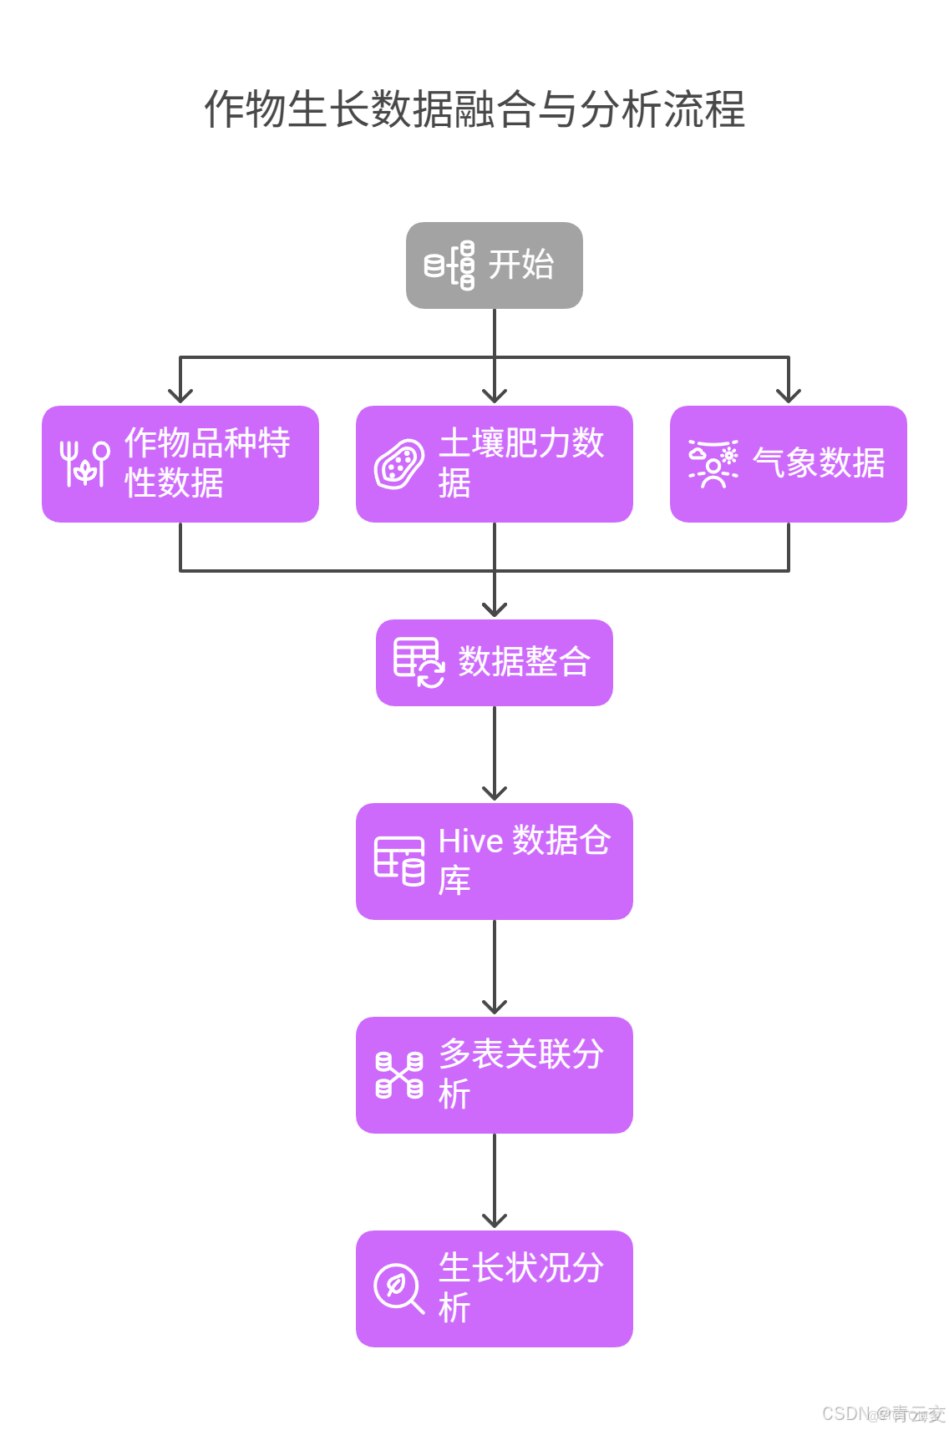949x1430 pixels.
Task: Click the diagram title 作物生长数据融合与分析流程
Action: click(474, 109)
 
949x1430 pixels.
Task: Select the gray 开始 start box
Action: click(494, 265)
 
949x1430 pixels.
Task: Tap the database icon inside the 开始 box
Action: click(449, 265)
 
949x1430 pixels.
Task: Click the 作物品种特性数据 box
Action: click(180, 464)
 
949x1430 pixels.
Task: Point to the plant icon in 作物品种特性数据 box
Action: click(84, 464)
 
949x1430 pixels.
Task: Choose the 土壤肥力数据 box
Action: click(494, 464)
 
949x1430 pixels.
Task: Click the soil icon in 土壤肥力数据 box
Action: click(399, 464)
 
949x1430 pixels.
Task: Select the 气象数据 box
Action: click(788, 464)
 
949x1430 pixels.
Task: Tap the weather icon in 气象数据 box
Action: click(713, 464)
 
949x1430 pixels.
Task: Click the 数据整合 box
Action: click(494, 663)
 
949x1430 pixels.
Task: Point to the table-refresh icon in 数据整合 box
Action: click(419, 663)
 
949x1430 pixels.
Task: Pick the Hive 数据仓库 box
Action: click(494, 862)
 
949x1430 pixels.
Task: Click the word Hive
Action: click(470, 841)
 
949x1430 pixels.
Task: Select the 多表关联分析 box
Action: click(494, 1075)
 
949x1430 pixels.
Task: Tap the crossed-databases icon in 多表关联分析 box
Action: click(399, 1075)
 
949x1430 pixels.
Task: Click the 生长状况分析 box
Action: click(494, 1289)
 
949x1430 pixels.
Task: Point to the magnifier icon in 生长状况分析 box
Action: click(399, 1289)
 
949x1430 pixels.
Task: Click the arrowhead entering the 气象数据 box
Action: click(788, 396)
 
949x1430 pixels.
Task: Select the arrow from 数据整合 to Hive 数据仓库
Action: click(494, 751)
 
